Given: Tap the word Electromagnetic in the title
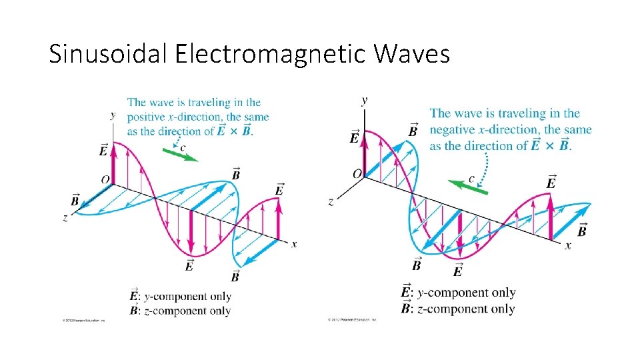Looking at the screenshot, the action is [271, 54].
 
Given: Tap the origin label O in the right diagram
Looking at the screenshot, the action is [357, 173].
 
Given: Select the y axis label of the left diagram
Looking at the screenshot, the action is [113, 115].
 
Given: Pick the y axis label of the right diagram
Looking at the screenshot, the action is [364, 101].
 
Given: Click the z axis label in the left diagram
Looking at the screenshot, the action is [65, 218].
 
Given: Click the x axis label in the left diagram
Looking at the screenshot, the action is [294, 244].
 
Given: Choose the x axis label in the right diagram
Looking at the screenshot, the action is [568, 245].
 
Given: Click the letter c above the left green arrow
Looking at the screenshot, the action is [183, 145].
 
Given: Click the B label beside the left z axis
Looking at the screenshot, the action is [75, 200].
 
